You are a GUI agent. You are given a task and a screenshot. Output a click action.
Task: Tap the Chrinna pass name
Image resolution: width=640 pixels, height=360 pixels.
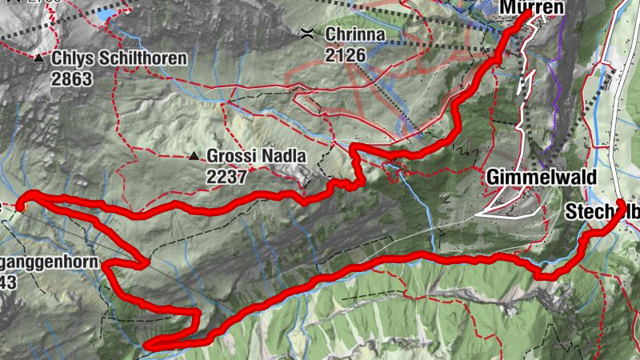click(354, 35)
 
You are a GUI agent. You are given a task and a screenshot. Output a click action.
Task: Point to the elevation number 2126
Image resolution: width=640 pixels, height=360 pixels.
click(346, 54)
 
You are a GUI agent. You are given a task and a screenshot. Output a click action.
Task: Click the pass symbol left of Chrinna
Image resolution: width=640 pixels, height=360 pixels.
click(306, 34)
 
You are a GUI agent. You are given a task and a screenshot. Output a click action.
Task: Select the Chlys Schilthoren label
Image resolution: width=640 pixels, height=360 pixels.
click(119, 58)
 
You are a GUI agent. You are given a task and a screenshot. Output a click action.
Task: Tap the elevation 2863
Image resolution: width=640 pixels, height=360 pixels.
click(71, 78)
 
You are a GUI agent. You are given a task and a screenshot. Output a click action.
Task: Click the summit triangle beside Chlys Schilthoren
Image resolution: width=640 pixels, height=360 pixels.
click(38, 58)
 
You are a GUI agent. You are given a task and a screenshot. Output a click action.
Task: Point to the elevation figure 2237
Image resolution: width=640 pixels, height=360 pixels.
click(226, 175)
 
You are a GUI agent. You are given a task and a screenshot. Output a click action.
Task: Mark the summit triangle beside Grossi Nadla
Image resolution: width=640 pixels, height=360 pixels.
click(194, 156)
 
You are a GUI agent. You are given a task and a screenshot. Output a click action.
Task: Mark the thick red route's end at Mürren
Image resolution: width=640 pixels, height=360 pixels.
click(529, 16)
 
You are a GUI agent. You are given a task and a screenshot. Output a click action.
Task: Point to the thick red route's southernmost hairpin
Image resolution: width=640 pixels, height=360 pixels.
click(149, 345)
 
